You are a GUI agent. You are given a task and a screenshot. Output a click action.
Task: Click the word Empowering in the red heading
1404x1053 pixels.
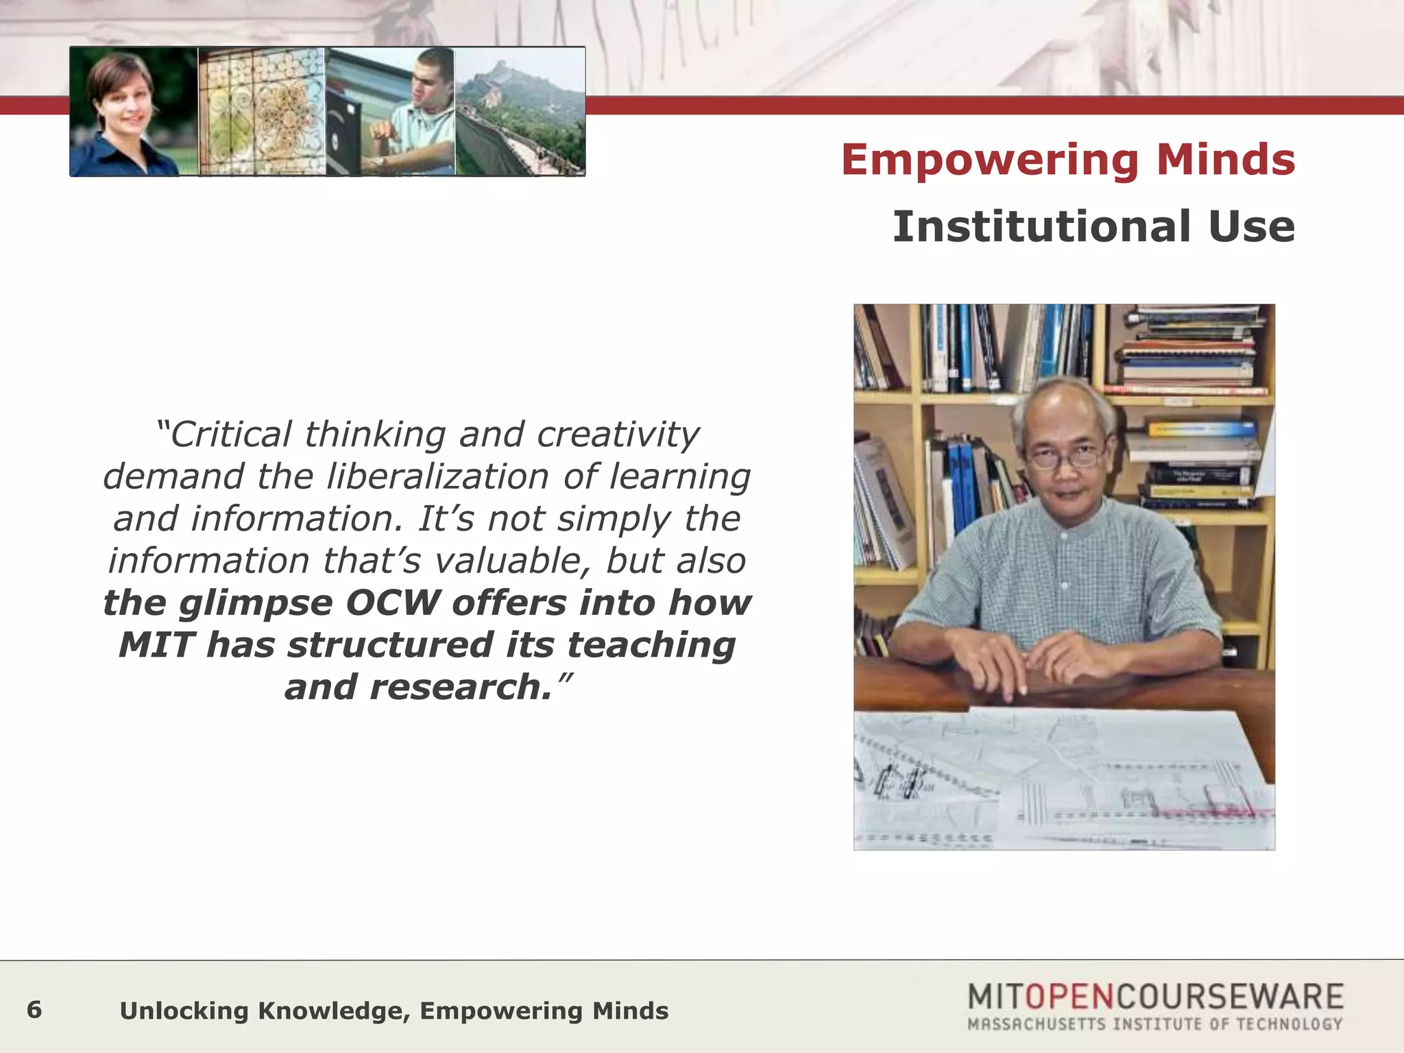[989, 160]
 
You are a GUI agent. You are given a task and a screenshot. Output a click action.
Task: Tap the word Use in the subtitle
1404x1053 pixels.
[1251, 227]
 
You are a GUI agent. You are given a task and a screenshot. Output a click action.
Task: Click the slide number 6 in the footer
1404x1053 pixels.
[34, 1010]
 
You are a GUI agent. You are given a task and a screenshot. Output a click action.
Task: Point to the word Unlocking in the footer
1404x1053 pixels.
[183, 1011]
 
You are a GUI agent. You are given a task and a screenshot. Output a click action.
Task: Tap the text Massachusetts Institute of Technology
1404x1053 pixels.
[1154, 1024]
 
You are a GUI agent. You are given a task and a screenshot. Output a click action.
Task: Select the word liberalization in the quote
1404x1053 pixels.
[437, 476]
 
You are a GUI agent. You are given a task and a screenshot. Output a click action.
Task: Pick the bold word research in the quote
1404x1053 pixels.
[460, 687]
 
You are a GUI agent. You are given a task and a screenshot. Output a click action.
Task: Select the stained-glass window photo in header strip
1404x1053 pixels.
[261, 111]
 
